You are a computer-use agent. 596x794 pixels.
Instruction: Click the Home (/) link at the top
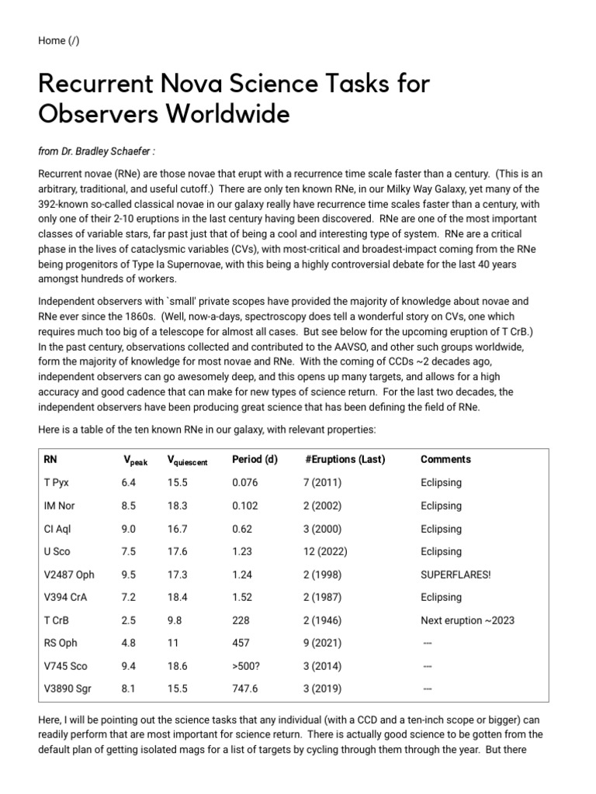[58, 40]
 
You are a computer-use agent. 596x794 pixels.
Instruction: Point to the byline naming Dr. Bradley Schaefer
[101, 150]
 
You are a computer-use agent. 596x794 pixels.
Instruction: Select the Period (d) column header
[255, 459]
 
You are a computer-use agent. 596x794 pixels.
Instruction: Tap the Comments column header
[445, 459]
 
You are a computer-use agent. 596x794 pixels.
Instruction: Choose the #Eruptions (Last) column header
[345, 459]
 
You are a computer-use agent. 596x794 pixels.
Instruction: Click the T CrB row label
[58, 620]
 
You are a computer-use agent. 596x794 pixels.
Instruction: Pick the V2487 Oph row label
[69, 575]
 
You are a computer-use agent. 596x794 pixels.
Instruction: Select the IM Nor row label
[60, 506]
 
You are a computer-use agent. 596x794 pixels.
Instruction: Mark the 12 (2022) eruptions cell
[325, 551]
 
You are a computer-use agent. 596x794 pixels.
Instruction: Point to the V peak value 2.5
[129, 620]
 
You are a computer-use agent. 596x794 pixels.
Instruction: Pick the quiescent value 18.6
[178, 666]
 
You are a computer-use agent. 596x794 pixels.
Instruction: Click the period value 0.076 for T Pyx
[247, 482]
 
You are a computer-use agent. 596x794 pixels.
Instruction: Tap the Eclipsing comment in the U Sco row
[441, 551]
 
